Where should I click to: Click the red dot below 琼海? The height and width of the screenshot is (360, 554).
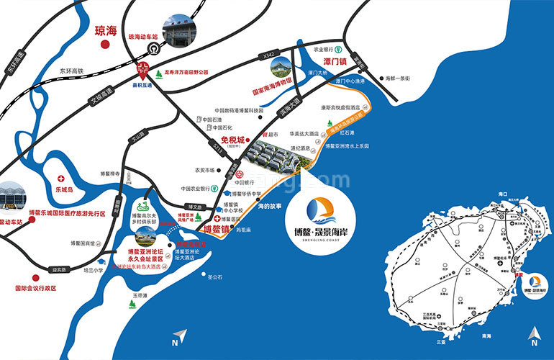[x=105, y=45]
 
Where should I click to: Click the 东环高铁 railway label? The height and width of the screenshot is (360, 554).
[x=72, y=71]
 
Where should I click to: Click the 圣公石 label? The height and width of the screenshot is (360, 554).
[x=214, y=275]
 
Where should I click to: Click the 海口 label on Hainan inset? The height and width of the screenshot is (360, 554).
[x=503, y=195]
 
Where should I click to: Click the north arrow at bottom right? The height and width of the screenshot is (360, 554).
[x=533, y=335]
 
